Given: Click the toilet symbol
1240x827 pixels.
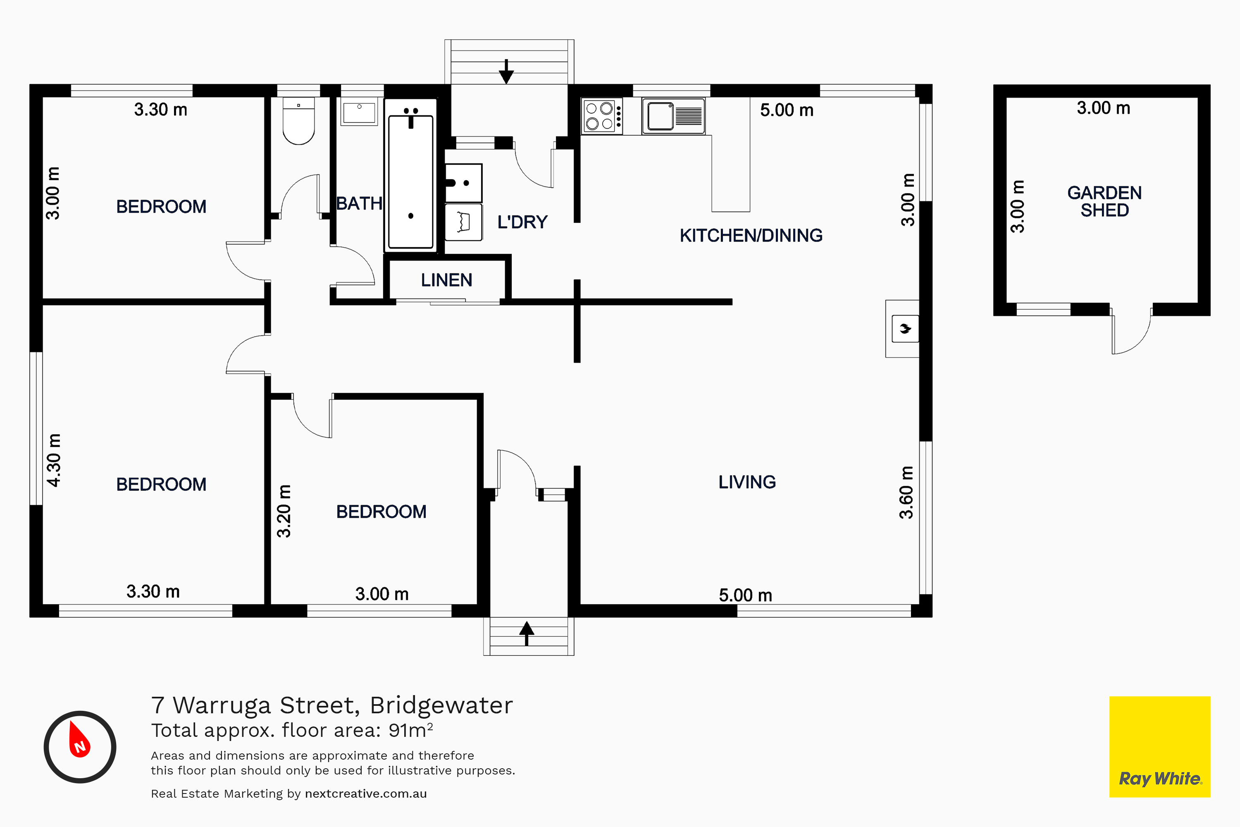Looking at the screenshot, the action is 298,120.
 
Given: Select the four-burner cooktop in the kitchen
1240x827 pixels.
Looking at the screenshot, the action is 601,116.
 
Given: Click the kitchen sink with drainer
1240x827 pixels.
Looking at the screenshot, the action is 673,116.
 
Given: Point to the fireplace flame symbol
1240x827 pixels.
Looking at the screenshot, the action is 905,329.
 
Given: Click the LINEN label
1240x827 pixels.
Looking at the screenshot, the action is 446,280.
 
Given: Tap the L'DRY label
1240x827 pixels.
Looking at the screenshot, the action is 522,222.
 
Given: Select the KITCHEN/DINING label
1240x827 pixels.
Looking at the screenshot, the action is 751,235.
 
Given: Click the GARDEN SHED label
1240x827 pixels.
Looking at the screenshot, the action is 1104,201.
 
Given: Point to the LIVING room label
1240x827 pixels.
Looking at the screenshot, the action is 747,482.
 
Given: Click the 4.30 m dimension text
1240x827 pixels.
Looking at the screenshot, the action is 54,460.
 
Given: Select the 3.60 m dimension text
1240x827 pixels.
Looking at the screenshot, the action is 906,492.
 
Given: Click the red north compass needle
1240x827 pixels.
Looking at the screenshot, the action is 79,739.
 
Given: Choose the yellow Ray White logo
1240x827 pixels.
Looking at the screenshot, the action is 1160,747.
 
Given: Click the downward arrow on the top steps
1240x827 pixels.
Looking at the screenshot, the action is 506,72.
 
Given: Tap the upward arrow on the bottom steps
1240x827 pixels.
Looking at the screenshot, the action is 527,633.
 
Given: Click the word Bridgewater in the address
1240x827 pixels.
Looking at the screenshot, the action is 441,706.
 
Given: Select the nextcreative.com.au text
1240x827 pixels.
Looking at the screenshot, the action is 366,794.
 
